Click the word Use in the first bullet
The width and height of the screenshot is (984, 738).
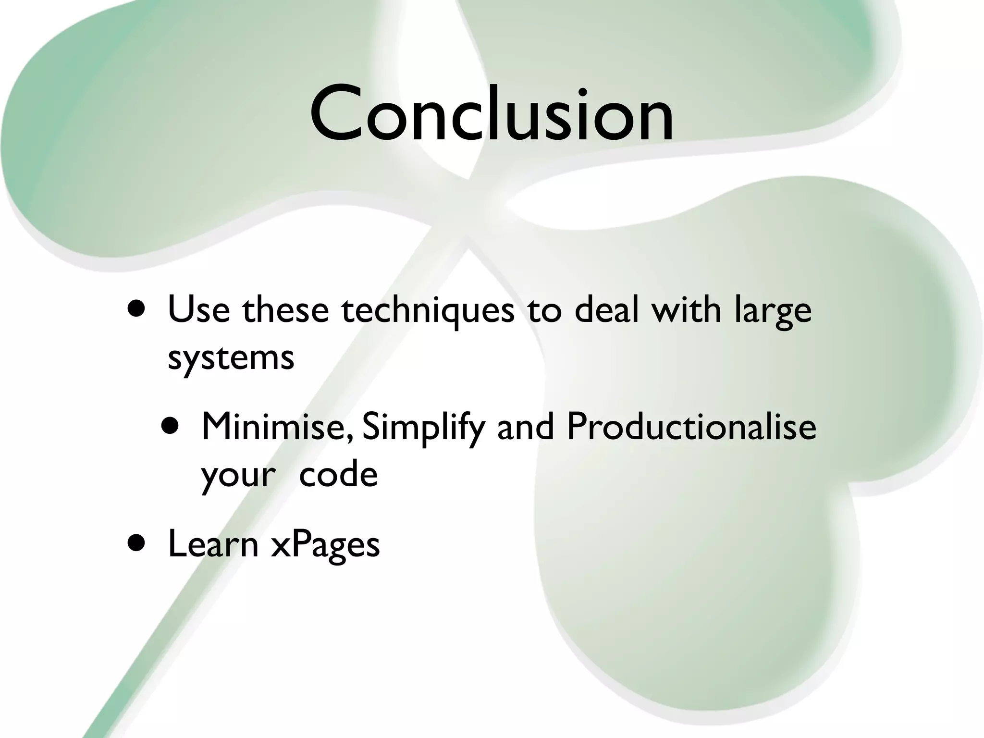click(198, 310)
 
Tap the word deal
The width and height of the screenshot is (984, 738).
click(607, 310)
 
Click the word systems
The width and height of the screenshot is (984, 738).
click(231, 358)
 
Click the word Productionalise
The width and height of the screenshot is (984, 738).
click(691, 426)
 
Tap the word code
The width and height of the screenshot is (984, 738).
click(338, 474)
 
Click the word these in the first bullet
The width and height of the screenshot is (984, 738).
click(285, 310)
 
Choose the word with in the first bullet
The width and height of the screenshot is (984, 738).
click(686, 310)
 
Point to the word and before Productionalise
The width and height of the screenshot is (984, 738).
click(525, 426)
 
